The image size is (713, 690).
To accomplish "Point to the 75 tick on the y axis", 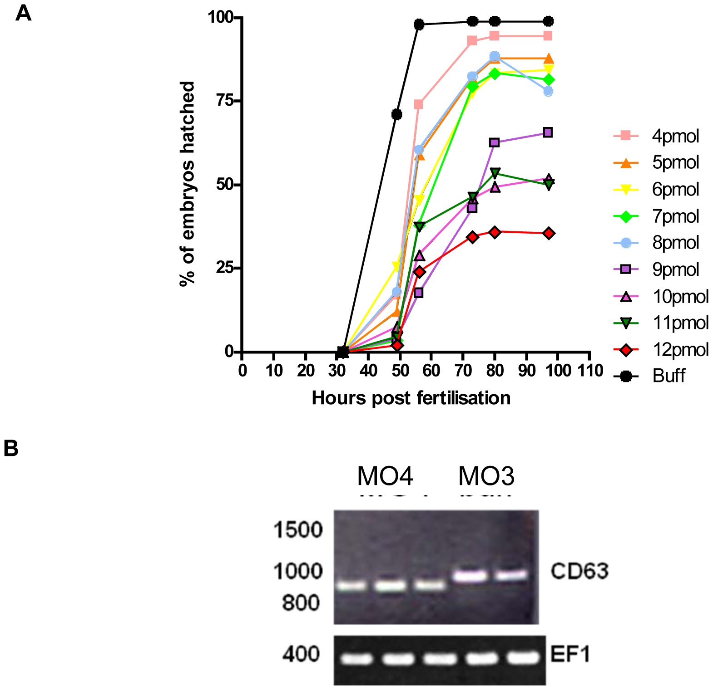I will pos(225,100).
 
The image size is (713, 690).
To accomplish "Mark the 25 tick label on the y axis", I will pos(225,268).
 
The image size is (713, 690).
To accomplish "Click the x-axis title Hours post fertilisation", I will pos(411,398).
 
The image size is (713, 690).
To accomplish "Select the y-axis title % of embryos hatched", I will pos(188,184).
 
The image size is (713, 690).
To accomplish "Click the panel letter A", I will pos(23,13).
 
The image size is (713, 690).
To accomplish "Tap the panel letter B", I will pos(11,448).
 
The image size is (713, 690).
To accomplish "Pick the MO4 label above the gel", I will pos(385,476).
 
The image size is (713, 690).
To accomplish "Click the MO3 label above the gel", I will pos(486,476).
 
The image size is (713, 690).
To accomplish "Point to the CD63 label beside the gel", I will pos(579,571).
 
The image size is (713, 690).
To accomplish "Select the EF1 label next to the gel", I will pos(570,655).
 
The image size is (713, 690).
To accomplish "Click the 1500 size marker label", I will pos(298,529).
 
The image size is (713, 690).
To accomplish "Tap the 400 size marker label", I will pos(301,654).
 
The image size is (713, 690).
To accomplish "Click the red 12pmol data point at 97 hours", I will pos(549,233).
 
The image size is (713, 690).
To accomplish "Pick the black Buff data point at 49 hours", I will pos(396,114).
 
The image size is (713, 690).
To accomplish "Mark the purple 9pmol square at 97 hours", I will pos(548,132).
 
